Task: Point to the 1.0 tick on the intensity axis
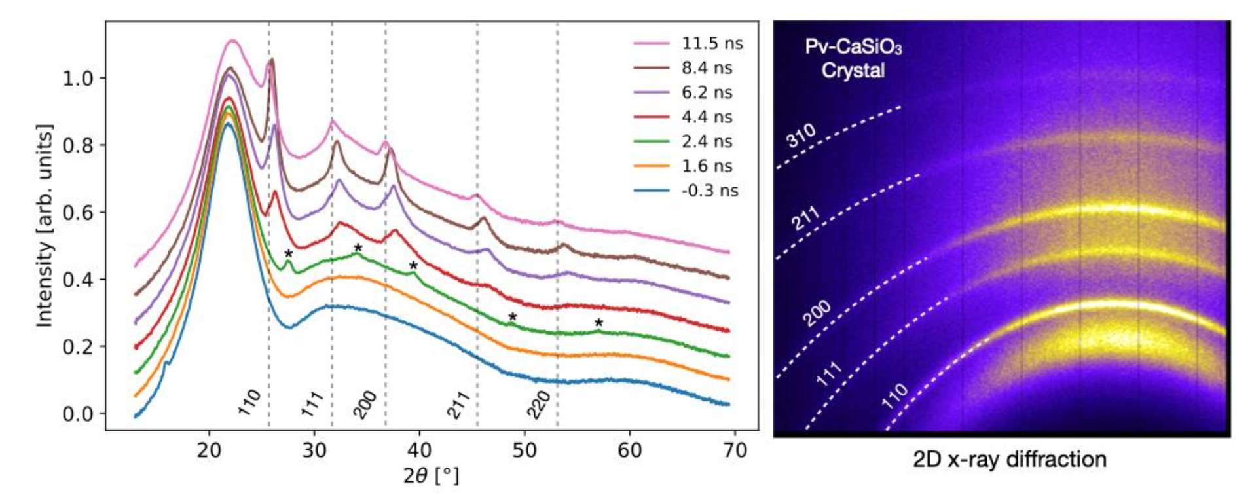click(x=77, y=78)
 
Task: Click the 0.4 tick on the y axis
click(x=77, y=280)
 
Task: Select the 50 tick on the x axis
click(x=525, y=450)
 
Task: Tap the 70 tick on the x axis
click(x=735, y=450)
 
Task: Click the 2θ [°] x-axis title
click(x=431, y=475)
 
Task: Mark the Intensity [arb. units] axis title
click(x=45, y=225)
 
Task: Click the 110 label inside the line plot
click(x=249, y=402)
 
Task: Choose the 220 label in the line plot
click(x=539, y=404)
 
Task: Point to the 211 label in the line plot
click(x=458, y=404)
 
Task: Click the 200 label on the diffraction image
click(x=817, y=313)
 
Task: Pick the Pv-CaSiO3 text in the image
click(x=853, y=48)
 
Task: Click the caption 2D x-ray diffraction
click(x=1009, y=460)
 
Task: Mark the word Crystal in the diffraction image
click(x=853, y=70)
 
